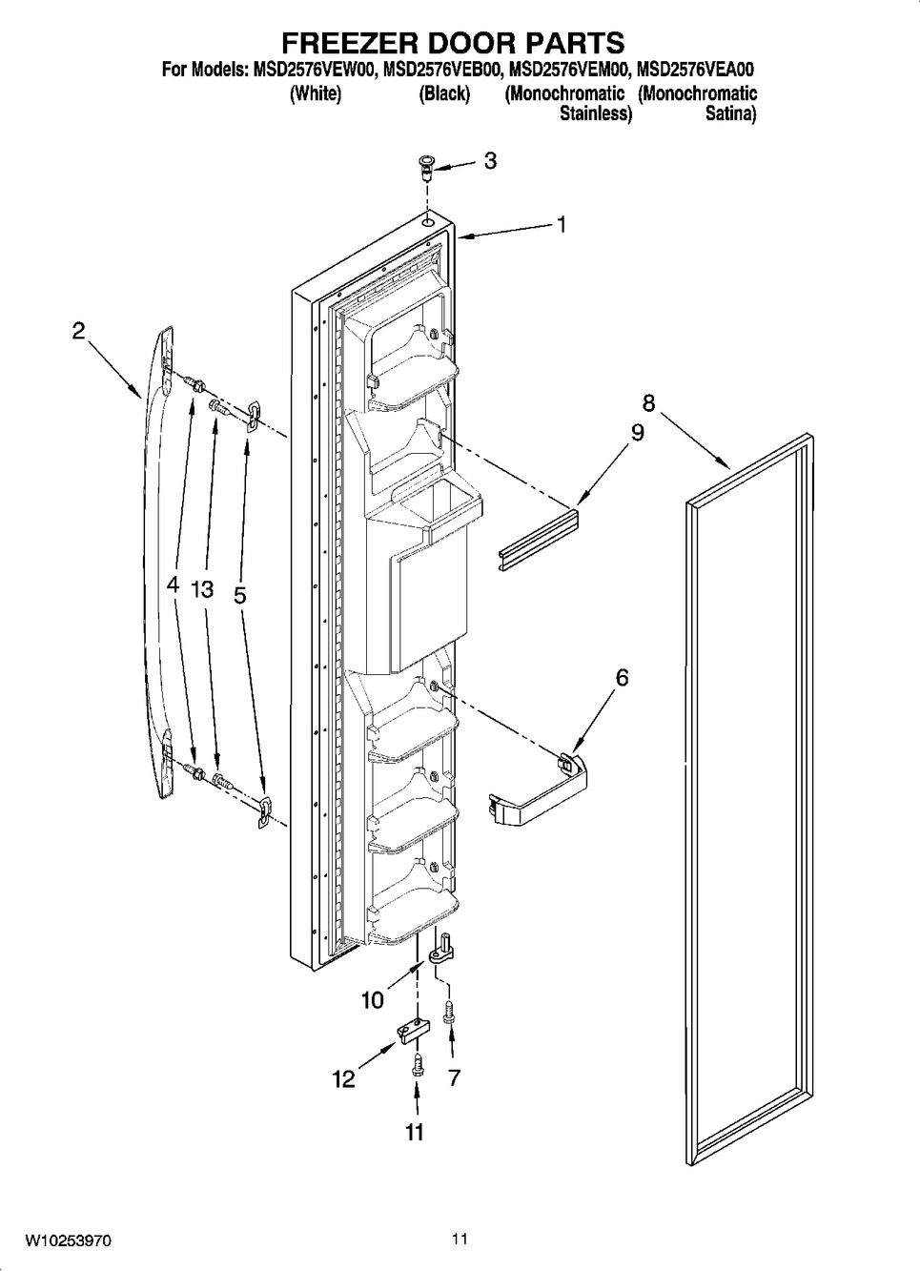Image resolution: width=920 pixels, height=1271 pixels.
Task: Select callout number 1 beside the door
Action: [x=561, y=225]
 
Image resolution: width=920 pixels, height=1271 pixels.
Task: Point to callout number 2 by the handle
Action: [x=78, y=331]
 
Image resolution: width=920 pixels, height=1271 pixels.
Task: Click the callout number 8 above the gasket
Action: [x=648, y=404]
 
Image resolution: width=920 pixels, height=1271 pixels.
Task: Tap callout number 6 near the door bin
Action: [x=623, y=677]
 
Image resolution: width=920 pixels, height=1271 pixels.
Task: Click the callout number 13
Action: [x=202, y=590]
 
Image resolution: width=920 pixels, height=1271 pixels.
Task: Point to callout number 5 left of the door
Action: [x=240, y=595]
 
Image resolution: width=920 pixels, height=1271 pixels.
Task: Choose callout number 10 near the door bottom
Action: [x=373, y=1000]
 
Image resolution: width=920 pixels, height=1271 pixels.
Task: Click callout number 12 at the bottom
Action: [x=344, y=1078]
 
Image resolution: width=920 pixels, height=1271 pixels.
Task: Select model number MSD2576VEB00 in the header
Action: [x=442, y=71]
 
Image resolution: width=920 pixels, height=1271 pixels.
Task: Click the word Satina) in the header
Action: [x=730, y=114]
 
